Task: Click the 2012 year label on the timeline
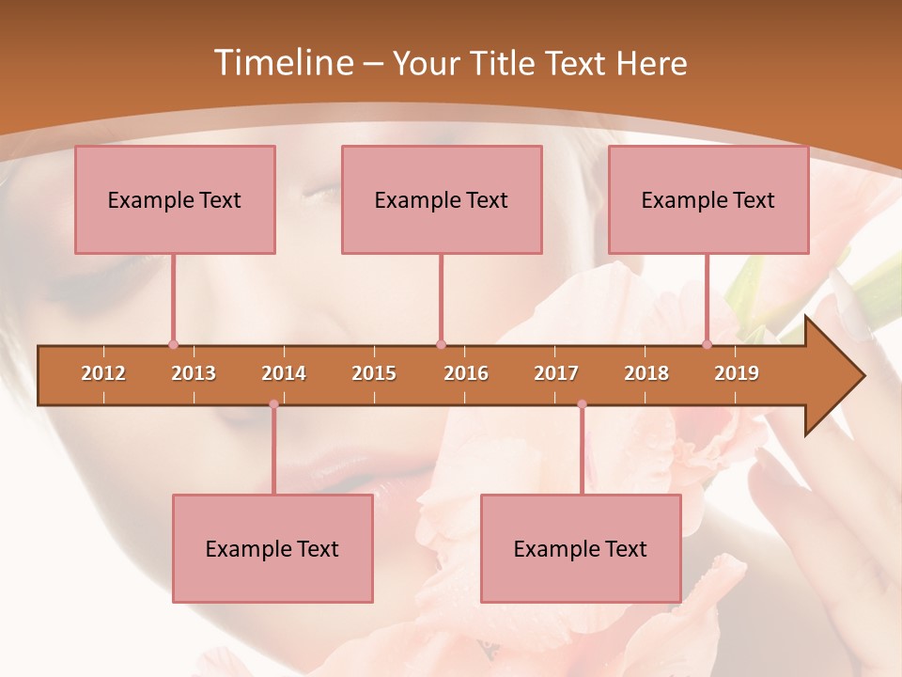(103, 373)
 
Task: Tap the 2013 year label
(194, 373)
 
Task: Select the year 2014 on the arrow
(284, 373)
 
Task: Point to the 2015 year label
(374, 373)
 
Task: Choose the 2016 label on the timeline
(466, 373)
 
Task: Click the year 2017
(556, 373)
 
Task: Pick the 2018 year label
(646, 373)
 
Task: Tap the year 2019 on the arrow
(737, 373)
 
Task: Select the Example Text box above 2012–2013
(175, 199)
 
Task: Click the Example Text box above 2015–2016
(442, 199)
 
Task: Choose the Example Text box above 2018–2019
(708, 199)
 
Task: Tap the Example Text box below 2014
(272, 548)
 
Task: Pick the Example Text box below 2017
(581, 548)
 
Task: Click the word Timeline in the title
(282, 63)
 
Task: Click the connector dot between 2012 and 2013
(173, 344)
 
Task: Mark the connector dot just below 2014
(273, 404)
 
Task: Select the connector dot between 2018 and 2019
(708, 344)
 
